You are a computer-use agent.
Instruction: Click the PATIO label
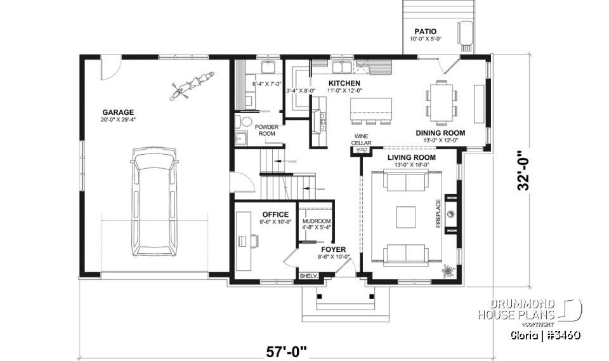click(426, 31)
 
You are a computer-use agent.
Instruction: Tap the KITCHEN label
click(344, 83)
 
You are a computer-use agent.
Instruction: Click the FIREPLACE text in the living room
click(438, 217)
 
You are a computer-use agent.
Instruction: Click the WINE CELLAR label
click(361, 140)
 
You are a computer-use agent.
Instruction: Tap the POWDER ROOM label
click(267, 130)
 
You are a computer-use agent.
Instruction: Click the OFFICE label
click(275, 214)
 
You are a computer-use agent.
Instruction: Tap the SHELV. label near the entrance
click(308, 277)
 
